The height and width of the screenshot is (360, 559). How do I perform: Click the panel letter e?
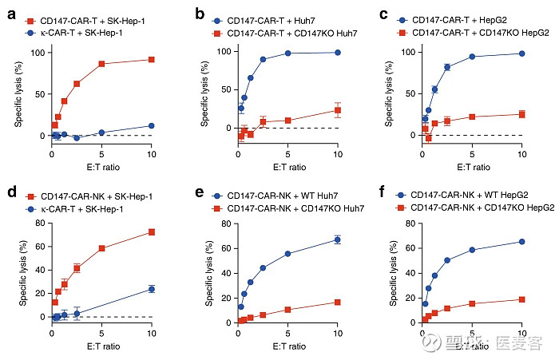pyautogui.click(x=193, y=194)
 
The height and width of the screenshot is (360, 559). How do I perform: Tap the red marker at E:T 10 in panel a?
pyautogui.click(x=152, y=60)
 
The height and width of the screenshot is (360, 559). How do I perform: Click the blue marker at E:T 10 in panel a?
pyautogui.click(x=152, y=125)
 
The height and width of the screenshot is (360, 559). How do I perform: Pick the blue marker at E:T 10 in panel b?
pyautogui.click(x=338, y=53)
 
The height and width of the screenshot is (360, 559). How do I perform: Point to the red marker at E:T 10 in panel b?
pyautogui.click(x=338, y=110)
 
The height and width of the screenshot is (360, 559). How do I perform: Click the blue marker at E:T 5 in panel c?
pyautogui.click(x=472, y=57)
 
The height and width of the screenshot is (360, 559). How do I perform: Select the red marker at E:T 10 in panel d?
pyautogui.click(x=152, y=232)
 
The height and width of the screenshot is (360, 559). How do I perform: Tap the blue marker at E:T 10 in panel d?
pyautogui.click(x=152, y=289)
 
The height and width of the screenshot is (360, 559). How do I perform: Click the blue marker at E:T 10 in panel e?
pyautogui.click(x=338, y=239)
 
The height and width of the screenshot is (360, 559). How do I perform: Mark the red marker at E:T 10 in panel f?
pyautogui.click(x=522, y=299)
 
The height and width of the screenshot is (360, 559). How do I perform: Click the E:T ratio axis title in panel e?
pyautogui.click(x=287, y=346)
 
